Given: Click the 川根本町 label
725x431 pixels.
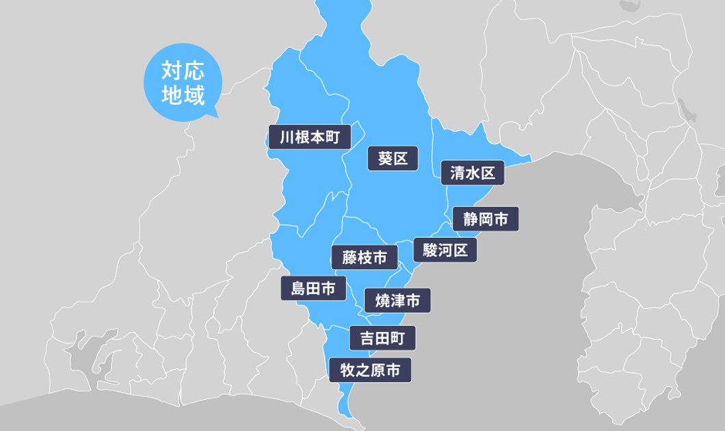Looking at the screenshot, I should coord(310,138).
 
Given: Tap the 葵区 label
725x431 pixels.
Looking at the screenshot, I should coord(393,159).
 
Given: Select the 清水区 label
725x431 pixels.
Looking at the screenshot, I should coord(473,173).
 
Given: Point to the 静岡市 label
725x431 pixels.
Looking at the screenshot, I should coord(486,219).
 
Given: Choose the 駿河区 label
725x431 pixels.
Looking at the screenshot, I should coord(445,250).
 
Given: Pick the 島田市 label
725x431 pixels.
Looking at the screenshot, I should coord(313,289).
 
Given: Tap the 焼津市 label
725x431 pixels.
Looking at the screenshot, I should coord(397,300).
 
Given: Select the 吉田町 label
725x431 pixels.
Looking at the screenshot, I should coord(382,338).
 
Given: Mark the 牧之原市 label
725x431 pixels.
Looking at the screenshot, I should coord(370,370).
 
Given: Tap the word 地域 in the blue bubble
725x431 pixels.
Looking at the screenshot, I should coord(183,95).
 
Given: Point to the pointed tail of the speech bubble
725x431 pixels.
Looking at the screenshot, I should coord(214,115).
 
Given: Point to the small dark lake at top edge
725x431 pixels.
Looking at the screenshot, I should coord(628,6).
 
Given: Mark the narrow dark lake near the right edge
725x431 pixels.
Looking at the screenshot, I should coord(684,109).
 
